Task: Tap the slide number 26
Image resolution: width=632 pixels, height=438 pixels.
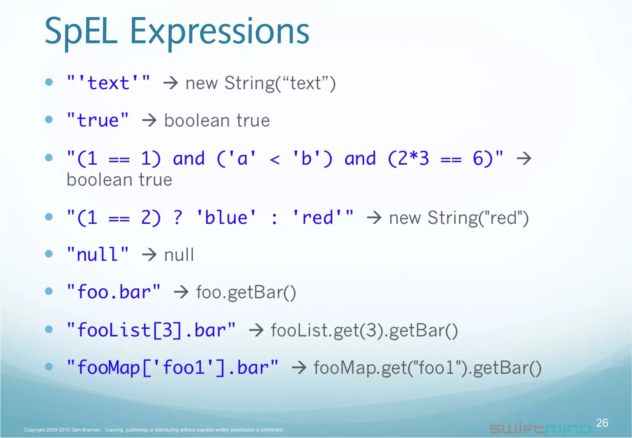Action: click(x=602, y=423)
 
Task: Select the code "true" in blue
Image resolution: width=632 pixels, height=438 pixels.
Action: click(x=98, y=120)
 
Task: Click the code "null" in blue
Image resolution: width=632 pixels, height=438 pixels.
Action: click(x=98, y=255)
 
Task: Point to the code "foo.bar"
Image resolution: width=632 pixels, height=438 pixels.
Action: click(x=114, y=292)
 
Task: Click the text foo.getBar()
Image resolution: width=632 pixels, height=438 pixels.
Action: click(x=246, y=293)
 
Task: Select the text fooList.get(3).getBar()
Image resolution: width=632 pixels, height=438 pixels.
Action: click(x=364, y=331)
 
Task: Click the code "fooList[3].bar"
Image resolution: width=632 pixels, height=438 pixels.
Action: click(x=151, y=330)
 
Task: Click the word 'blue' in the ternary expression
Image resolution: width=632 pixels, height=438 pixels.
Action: click(x=226, y=217)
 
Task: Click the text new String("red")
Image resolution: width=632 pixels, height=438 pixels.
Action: click(x=459, y=218)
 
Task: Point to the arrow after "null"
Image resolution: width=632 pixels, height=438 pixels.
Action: click(x=149, y=255)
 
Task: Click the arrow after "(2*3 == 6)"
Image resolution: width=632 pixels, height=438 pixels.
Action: click(x=524, y=158)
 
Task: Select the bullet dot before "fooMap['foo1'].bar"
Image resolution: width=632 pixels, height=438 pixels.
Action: click(x=49, y=367)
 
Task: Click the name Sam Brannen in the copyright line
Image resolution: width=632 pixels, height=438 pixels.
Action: click(x=86, y=430)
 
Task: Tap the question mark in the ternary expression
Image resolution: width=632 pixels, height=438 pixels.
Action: click(x=178, y=217)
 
